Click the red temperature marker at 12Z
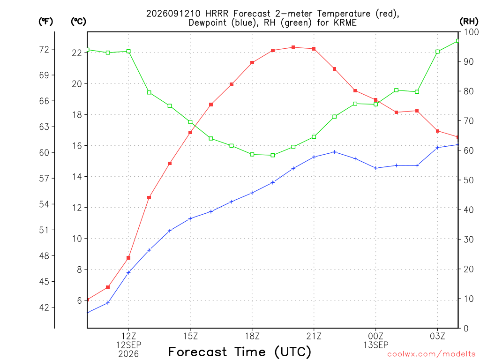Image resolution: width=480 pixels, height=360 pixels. (x=128, y=258)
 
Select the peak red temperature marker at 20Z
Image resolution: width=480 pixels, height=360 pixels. (x=293, y=47)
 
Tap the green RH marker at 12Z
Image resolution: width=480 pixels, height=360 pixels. (x=128, y=52)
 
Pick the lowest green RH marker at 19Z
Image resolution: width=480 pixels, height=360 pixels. (x=273, y=155)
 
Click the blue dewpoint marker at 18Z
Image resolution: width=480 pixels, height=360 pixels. (x=252, y=193)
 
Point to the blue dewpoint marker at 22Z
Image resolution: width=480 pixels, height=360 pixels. (x=335, y=152)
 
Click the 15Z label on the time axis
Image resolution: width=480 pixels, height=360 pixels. (x=190, y=336)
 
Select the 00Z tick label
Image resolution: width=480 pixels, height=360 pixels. (x=375, y=336)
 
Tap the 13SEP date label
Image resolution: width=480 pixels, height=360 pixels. (x=376, y=345)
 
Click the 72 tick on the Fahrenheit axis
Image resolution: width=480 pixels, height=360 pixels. (x=44, y=49)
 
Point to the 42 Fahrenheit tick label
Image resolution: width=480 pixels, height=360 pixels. (x=44, y=307)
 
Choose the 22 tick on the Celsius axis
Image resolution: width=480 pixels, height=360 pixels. (x=77, y=53)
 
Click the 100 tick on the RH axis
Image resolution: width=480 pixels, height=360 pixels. (x=471, y=32)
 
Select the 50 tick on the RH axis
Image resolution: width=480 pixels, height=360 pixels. (x=469, y=180)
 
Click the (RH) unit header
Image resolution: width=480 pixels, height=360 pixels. (x=469, y=21)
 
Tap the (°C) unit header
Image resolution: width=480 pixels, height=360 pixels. (x=78, y=22)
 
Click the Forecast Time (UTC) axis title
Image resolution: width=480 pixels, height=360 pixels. (x=240, y=352)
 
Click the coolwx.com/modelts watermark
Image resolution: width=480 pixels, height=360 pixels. (x=431, y=354)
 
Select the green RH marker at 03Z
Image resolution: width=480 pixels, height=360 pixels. (x=437, y=52)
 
